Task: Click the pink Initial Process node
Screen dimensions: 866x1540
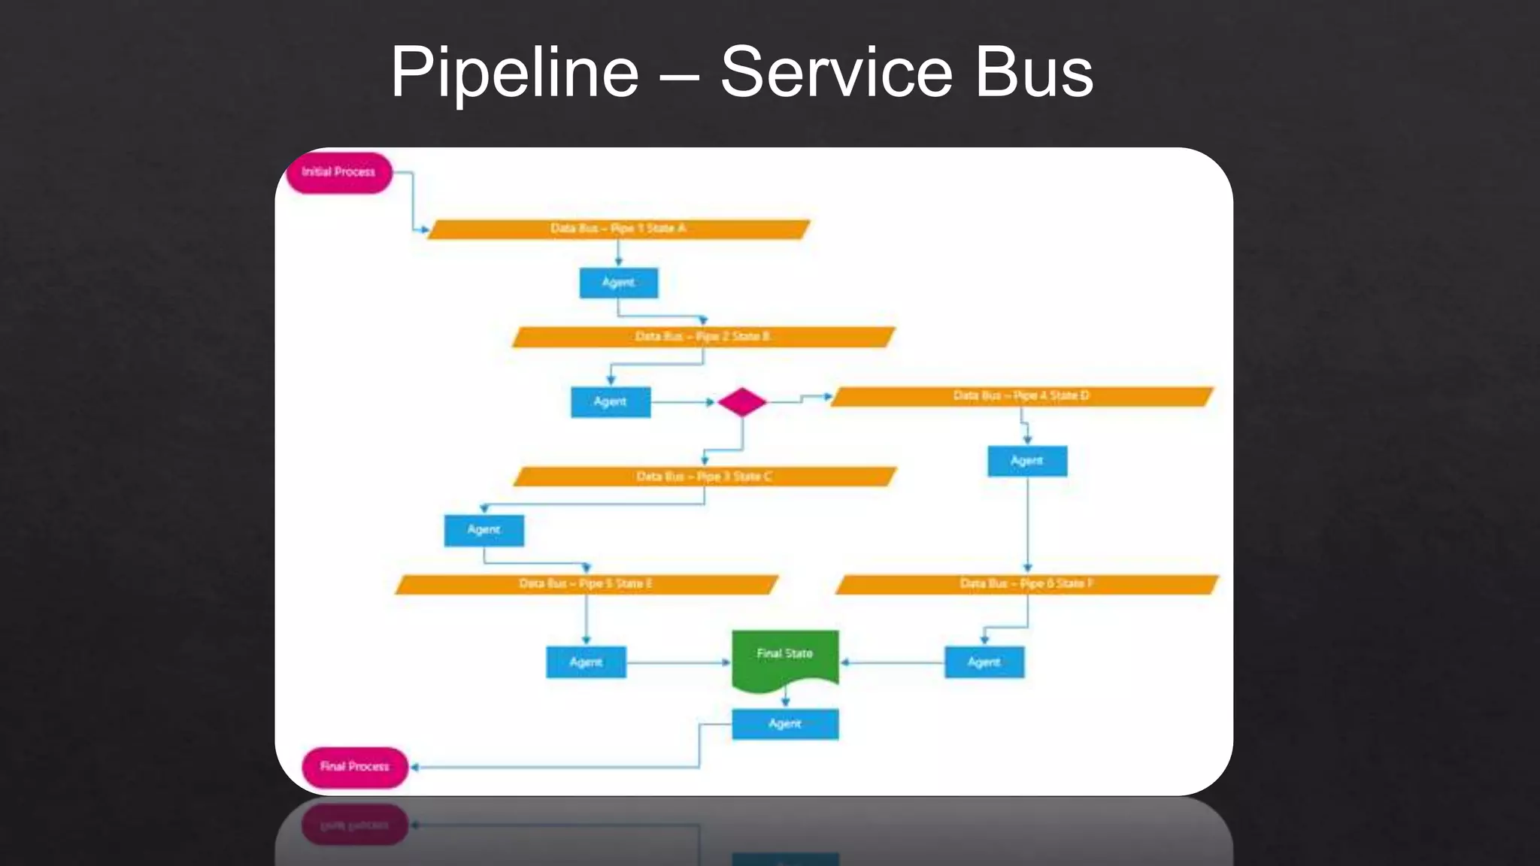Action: coord(339,172)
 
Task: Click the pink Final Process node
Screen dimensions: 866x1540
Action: coord(354,767)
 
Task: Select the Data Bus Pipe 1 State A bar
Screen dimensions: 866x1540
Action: coord(618,229)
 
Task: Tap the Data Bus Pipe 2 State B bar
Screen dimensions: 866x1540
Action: coord(703,337)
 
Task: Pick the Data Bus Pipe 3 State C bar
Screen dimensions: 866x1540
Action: coord(705,477)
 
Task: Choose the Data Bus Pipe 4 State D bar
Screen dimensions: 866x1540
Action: coord(1021,396)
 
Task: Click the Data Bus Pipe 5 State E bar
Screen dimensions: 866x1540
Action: coord(586,584)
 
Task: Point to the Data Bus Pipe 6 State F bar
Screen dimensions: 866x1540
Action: coord(1026,584)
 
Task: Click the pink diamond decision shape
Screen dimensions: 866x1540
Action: coord(742,402)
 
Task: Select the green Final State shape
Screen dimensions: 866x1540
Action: coord(785,656)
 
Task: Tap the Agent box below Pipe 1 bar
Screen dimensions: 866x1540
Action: coord(618,283)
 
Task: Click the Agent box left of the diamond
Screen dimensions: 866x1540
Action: coord(610,402)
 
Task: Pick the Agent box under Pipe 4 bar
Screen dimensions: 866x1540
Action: coord(1027,461)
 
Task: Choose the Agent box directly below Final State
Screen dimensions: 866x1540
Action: coord(785,724)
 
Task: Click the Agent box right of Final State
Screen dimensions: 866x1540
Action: coord(984,662)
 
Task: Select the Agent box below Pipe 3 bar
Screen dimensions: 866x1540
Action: coord(484,530)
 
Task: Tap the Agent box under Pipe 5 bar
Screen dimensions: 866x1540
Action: coord(586,662)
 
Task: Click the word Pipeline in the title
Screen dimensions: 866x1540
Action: coord(514,73)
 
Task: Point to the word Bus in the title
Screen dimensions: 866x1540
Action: coord(1033,73)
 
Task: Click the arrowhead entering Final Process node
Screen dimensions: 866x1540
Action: coord(414,768)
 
